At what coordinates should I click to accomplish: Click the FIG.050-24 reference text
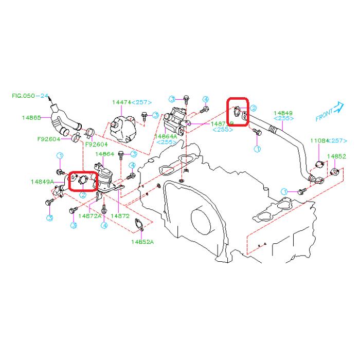[x=30, y=96]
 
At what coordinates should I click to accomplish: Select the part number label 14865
[x=31, y=117]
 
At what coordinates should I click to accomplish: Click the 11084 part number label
[x=318, y=140]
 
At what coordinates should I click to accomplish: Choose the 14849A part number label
[x=42, y=181]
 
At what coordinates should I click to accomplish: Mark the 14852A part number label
[x=142, y=241]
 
